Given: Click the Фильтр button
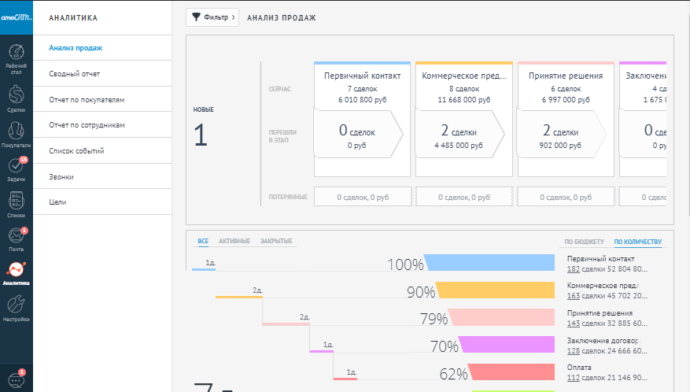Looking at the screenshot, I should [x=212, y=17].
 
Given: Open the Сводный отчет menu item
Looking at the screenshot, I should [x=74, y=74].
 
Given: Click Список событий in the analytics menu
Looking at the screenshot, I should [x=76, y=151].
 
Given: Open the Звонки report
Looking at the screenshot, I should [x=61, y=177].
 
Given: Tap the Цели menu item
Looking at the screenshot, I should [x=57, y=202].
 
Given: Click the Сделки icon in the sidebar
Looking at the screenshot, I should [x=16, y=98].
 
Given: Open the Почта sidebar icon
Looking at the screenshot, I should [x=16, y=237].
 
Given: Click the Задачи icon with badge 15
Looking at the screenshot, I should [x=16, y=167].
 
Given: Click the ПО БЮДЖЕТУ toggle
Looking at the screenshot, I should [x=584, y=242].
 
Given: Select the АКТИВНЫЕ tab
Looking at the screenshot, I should [x=234, y=240].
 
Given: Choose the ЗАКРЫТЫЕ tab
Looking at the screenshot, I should [x=276, y=240].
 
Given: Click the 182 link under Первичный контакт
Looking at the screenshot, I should [x=573, y=269].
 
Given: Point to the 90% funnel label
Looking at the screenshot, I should [x=420, y=292].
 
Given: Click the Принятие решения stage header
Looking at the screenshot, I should [x=565, y=76].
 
